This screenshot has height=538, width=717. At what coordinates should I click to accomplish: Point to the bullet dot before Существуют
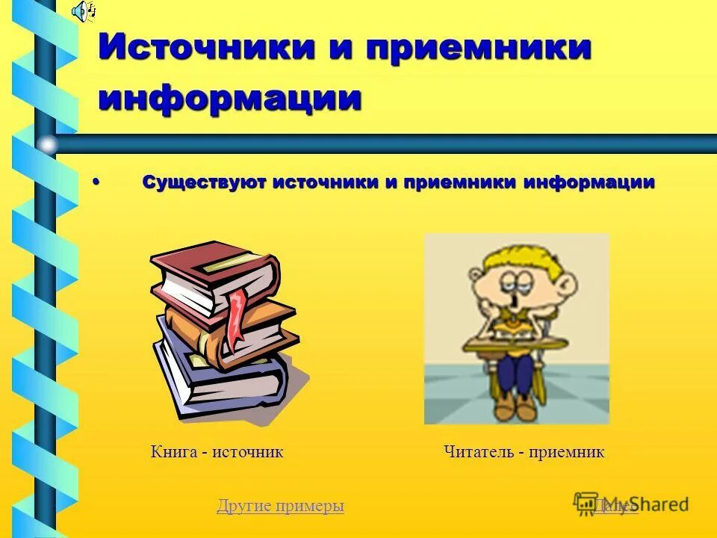coord(96,182)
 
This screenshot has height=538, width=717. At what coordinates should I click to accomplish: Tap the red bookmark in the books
coord(237,317)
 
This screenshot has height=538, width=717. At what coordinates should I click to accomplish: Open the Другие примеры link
coord(280,506)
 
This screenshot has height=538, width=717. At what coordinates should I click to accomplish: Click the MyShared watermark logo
coord(631,504)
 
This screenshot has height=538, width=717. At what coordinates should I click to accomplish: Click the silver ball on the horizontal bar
coord(47,143)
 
